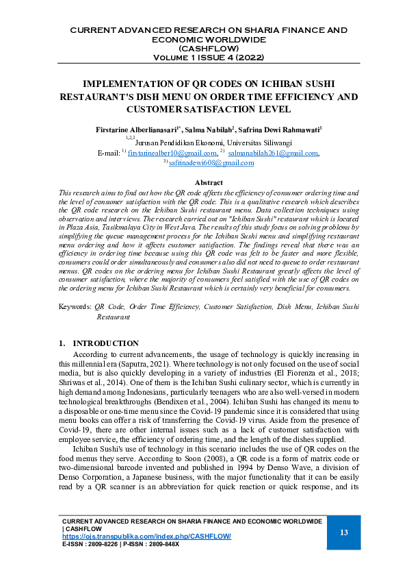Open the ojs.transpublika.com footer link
pyautogui.click(x=146, y=536)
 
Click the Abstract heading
pyautogui.click(x=209, y=182)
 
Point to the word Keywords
pyautogui.click(x=74, y=308)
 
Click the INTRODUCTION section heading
pyautogui.click(x=106, y=343)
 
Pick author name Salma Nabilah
pyautogui.click(x=209, y=129)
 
